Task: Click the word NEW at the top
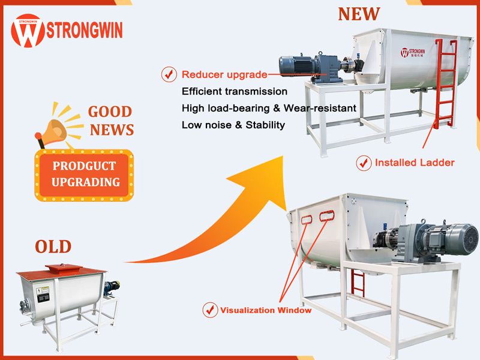click(x=359, y=14)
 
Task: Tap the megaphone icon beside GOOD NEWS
click(x=58, y=125)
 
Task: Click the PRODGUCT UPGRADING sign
click(x=84, y=174)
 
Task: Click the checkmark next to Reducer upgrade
click(x=169, y=75)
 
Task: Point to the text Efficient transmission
click(x=235, y=92)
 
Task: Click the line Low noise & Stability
click(x=233, y=125)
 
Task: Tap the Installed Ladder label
click(x=415, y=163)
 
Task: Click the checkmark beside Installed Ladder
click(x=364, y=163)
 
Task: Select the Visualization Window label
click(x=266, y=310)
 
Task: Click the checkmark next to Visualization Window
click(x=210, y=310)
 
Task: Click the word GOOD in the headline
click(x=110, y=112)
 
